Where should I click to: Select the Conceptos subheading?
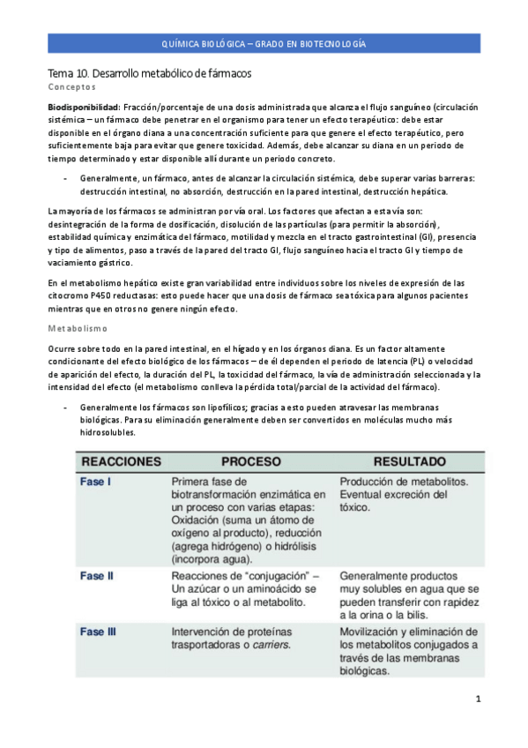(x=71, y=89)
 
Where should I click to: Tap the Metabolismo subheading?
(x=78, y=326)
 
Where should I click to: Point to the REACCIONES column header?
(x=122, y=460)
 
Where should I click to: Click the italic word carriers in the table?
(x=271, y=645)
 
